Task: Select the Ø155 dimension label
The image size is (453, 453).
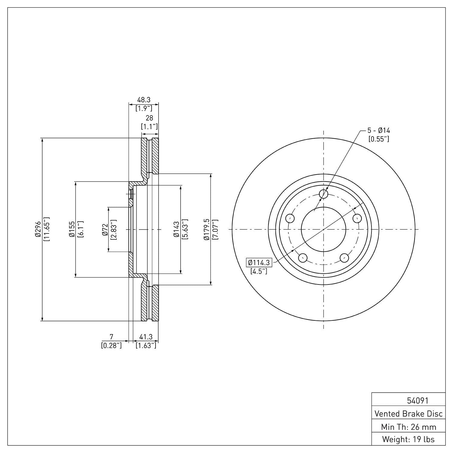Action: pyautogui.click(x=72, y=230)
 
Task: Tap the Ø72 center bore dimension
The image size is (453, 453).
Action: pyautogui.click(x=105, y=230)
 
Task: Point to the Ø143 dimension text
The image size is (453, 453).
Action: pyautogui.click(x=176, y=230)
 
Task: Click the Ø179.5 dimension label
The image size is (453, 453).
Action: pyautogui.click(x=207, y=230)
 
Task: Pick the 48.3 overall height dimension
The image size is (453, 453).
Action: pyautogui.click(x=144, y=100)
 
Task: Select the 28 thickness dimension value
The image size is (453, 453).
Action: pyautogui.click(x=149, y=118)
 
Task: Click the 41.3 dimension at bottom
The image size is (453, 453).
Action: pyautogui.click(x=146, y=336)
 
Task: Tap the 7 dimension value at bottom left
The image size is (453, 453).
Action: pyautogui.click(x=111, y=336)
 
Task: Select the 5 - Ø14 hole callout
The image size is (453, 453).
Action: pyautogui.click(x=378, y=130)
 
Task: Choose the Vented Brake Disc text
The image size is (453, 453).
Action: pyautogui.click(x=408, y=413)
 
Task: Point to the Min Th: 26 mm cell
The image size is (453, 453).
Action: pyautogui.click(x=408, y=427)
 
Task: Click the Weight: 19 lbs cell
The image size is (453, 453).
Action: pyautogui.click(x=408, y=439)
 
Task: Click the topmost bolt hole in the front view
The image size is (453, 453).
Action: pyautogui.click(x=323, y=194)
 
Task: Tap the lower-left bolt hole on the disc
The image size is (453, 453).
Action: pyautogui.click(x=302, y=258)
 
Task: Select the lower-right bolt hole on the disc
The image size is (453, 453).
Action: pyautogui.click(x=344, y=258)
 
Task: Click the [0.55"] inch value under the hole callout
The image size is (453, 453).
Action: pyautogui.click(x=378, y=139)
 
